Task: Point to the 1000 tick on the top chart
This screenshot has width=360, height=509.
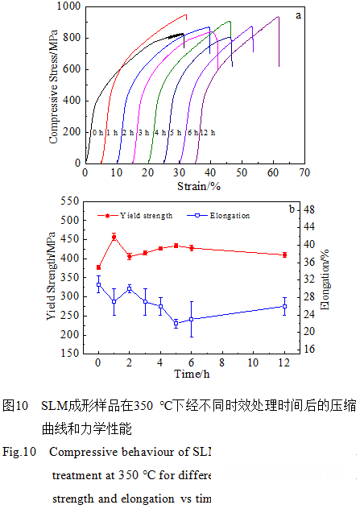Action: (70, 6)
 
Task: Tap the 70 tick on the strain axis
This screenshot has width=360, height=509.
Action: (304, 172)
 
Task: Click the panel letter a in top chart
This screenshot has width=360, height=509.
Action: (297, 14)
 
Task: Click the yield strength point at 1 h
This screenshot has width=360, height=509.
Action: (114, 237)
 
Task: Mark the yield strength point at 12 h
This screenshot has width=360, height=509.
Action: (284, 254)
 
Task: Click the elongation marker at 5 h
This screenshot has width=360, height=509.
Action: (176, 323)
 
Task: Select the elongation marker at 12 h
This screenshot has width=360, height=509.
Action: (284, 306)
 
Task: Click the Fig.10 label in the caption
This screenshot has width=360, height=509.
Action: (19, 452)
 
